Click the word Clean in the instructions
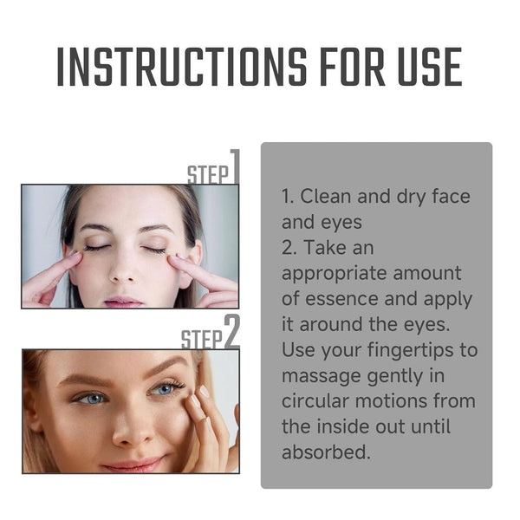point(327,196)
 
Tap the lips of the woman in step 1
point(123,300)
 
